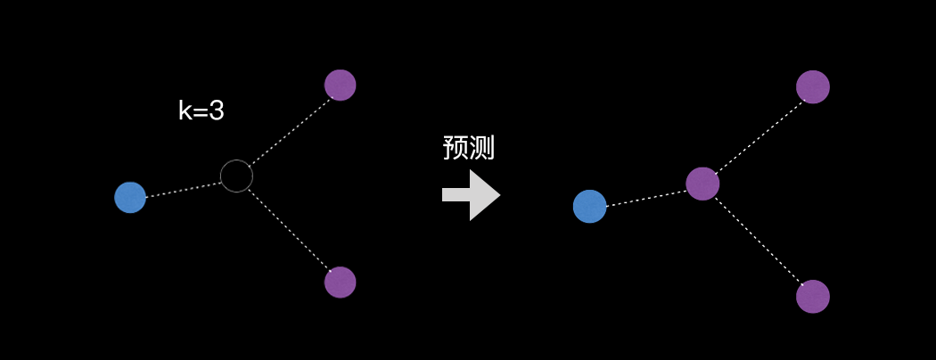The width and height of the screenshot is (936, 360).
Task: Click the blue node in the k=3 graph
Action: point(130,197)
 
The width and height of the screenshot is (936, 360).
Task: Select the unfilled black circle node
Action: point(236,176)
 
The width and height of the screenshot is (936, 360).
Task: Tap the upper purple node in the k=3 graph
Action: point(341,85)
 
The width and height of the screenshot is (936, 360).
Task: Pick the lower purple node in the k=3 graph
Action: point(341,282)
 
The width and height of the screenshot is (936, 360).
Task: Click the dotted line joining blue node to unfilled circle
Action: point(183,190)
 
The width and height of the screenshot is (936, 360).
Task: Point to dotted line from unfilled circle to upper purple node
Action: point(289,130)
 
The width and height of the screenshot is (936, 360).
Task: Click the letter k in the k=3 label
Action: point(185,110)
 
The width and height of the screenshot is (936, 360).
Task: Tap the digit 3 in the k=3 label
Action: point(216,110)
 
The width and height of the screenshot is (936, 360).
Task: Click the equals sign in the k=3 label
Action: point(200,111)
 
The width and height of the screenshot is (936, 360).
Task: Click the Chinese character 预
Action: point(456,147)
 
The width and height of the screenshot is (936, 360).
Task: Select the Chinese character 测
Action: point(481,147)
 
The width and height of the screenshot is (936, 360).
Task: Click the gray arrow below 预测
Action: point(471,195)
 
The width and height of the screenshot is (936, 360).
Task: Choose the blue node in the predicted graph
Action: point(589,206)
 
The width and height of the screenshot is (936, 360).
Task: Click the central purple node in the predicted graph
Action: point(702,184)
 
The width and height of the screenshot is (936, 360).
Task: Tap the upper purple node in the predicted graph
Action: point(813,86)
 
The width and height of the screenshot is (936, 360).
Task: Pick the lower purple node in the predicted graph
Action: point(813,296)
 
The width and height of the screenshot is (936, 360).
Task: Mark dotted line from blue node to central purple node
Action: point(645,197)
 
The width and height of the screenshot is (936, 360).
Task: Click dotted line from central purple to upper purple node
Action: point(758,135)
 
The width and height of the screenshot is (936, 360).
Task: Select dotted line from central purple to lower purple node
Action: point(758,240)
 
